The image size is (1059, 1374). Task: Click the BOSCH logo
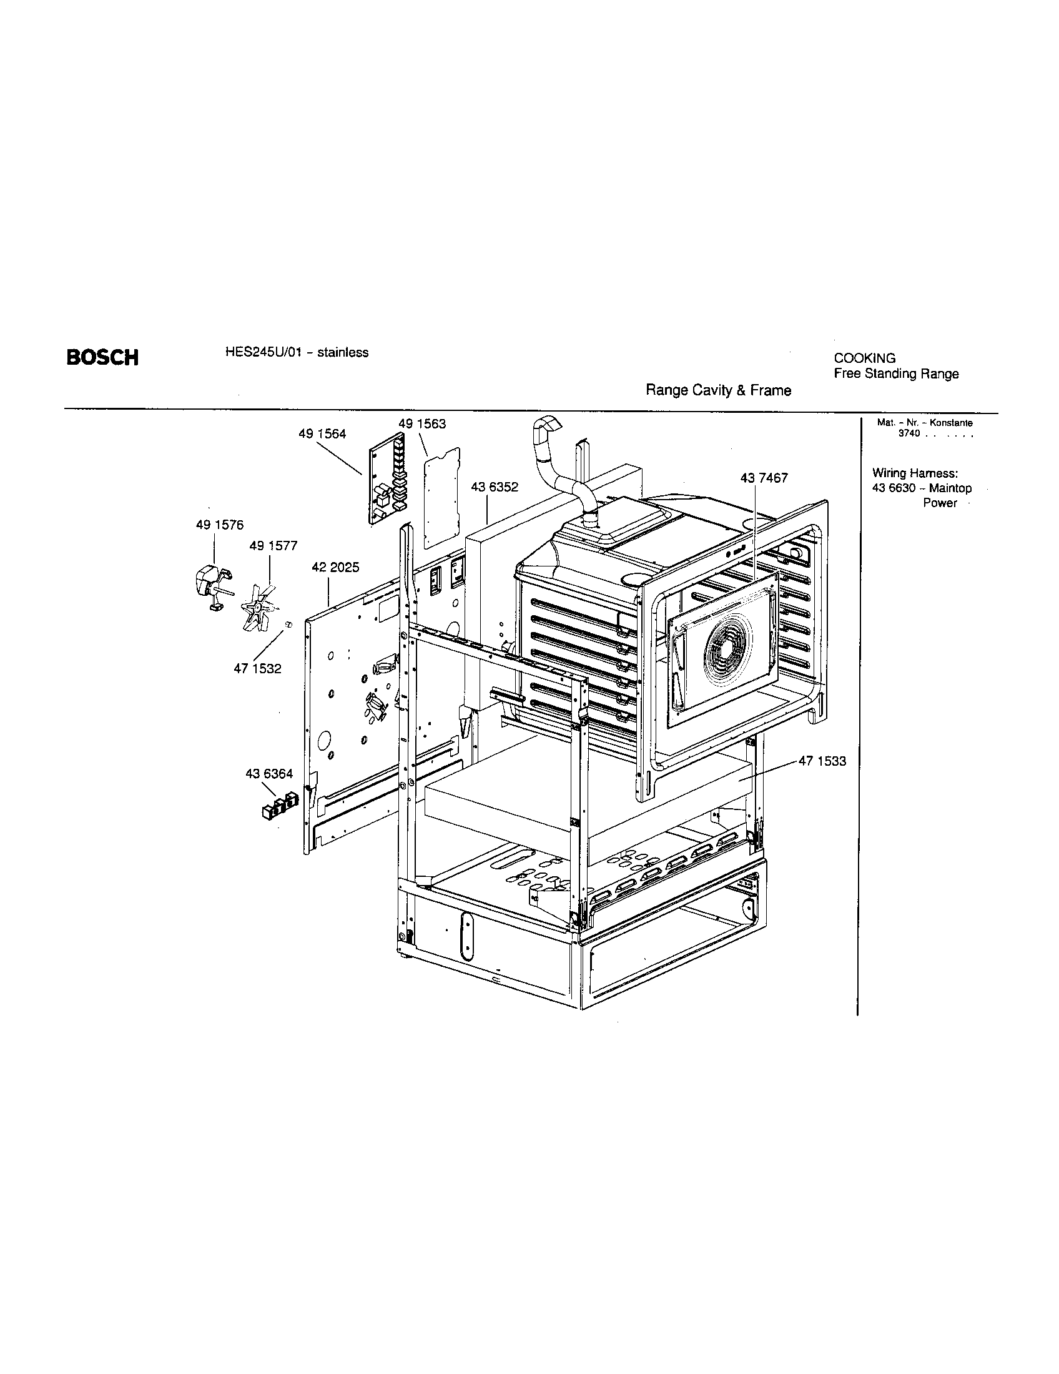(102, 357)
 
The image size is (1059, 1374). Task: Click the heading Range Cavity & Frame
(718, 391)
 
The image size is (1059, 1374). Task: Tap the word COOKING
(864, 358)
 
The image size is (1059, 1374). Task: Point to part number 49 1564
(322, 434)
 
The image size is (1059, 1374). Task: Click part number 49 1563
(422, 424)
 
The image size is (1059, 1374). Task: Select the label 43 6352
(495, 487)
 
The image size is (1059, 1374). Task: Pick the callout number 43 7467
(764, 478)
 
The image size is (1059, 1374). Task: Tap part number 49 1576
(219, 525)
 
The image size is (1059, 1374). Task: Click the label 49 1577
(273, 545)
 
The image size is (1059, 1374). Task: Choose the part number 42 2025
(335, 567)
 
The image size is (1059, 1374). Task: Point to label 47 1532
(257, 669)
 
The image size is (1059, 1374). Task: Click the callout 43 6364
(269, 774)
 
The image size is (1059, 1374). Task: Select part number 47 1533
(822, 761)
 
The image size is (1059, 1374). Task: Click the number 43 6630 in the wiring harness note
(893, 488)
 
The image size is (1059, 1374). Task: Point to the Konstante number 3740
(909, 434)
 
